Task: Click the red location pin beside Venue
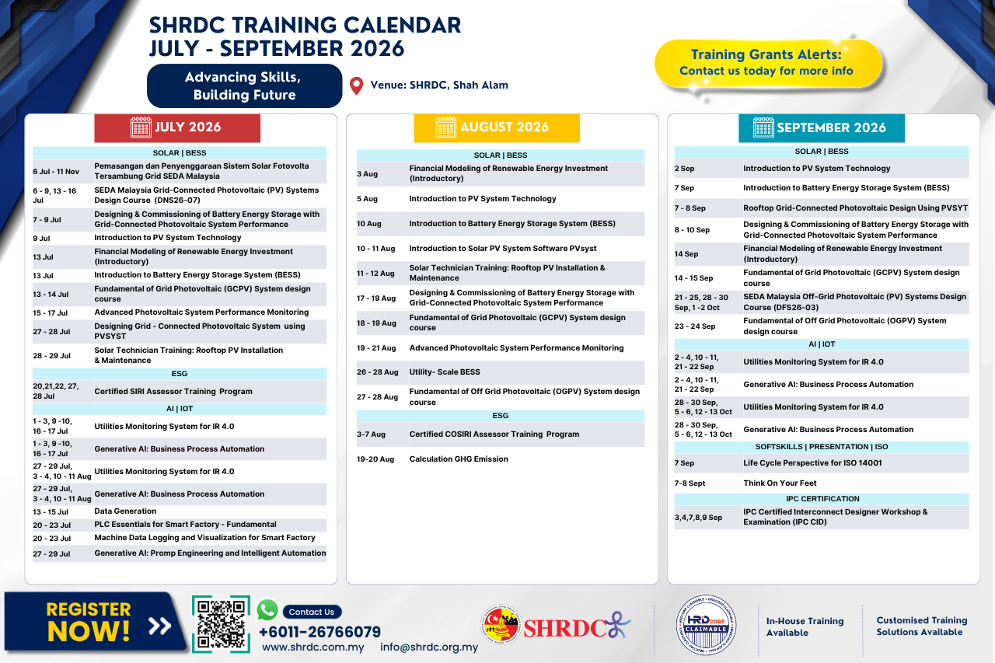point(356,85)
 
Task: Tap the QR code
point(221,624)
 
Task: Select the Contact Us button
point(312,612)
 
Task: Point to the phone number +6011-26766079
point(319,631)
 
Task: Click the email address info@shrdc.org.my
point(429,647)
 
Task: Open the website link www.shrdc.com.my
point(313,647)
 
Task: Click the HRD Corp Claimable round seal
point(706,625)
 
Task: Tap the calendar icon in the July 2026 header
point(141,127)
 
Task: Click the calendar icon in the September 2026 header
point(763,127)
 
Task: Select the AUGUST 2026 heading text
point(504,127)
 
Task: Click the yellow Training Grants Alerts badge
point(768,63)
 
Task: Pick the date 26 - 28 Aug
point(378,372)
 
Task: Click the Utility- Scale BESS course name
point(445,372)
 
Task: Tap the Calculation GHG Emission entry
point(459,459)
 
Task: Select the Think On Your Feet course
point(780,483)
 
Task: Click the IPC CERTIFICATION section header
point(822,499)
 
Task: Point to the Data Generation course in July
point(125,511)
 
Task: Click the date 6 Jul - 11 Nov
point(56,172)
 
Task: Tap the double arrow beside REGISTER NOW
point(159,626)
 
